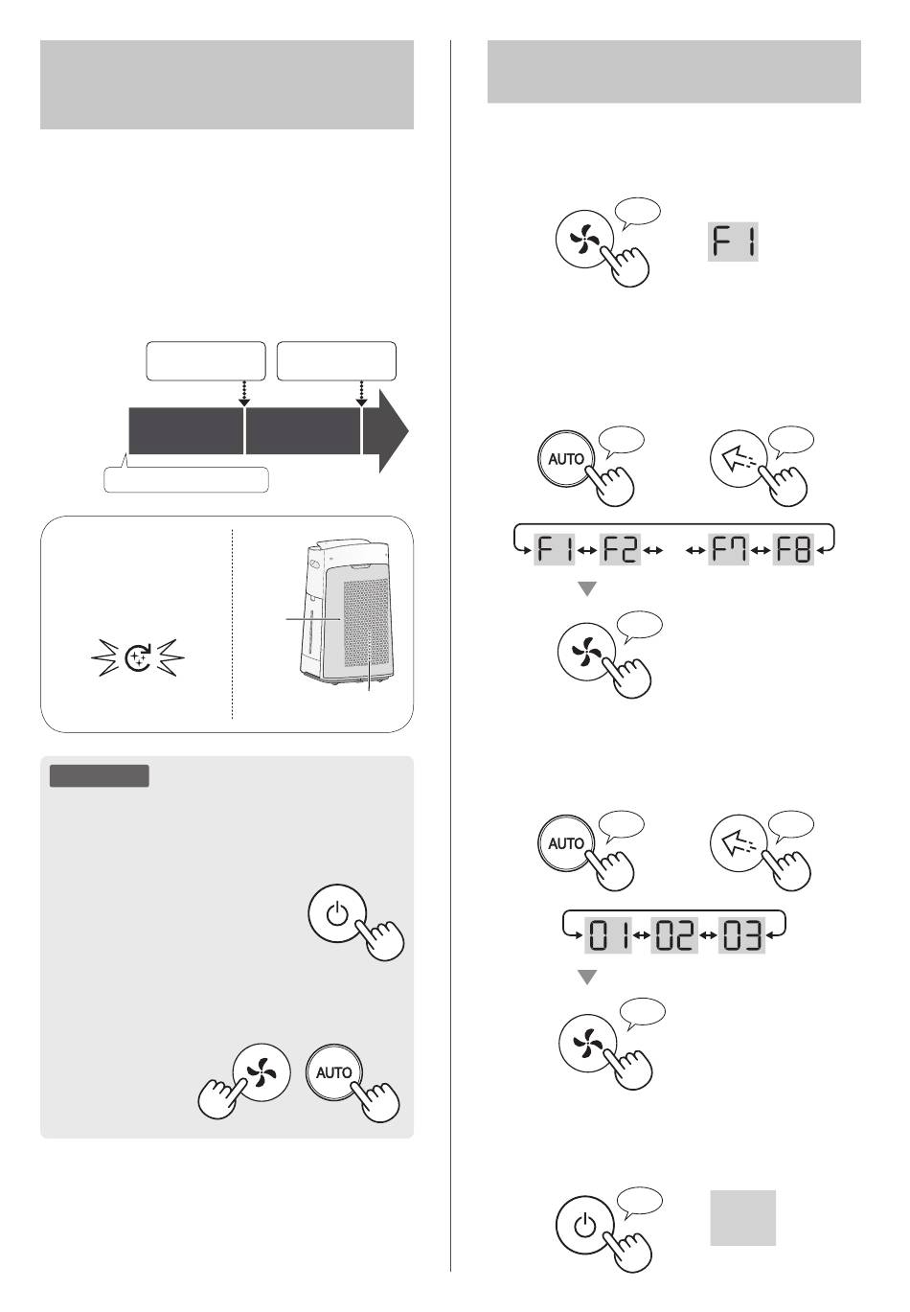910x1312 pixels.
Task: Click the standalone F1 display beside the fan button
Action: pyautogui.click(x=733, y=242)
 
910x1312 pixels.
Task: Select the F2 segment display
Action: pyautogui.click(x=620, y=549)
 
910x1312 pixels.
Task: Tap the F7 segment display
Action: pyautogui.click(x=728, y=549)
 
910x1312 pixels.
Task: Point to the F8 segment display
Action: pyautogui.click(x=793, y=549)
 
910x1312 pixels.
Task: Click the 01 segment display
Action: pyautogui.click(x=608, y=934)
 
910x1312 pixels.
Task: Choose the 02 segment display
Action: pyautogui.click(x=674, y=934)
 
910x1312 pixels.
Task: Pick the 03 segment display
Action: pyautogui.click(x=741, y=934)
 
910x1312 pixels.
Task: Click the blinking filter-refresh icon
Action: pyautogui.click(x=138, y=657)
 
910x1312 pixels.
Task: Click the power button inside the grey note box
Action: pyautogui.click(x=337, y=912)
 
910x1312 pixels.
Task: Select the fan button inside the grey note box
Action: pyautogui.click(x=262, y=1071)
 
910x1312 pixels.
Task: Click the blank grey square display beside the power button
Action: pyautogui.click(x=742, y=1218)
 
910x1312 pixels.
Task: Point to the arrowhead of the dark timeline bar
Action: pyautogui.click(x=394, y=430)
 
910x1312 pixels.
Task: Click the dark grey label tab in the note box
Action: pyautogui.click(x=99, y=775)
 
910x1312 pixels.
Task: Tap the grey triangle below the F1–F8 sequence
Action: pyautogui.click(x=587, y=588)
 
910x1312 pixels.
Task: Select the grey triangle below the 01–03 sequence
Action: pyautogui.click(x=587, y=977)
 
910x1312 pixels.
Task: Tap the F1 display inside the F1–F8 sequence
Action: pyautogui.click(x=554, y=549)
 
